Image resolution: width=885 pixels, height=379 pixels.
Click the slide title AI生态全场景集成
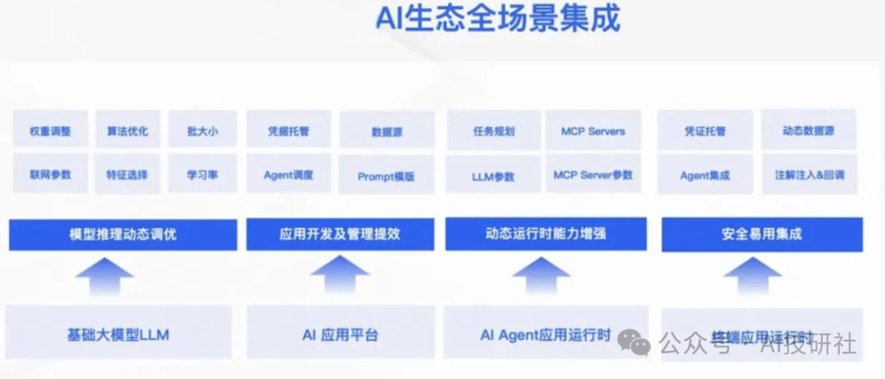(x=497, y=18)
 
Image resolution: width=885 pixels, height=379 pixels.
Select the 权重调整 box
(x=50, y=131)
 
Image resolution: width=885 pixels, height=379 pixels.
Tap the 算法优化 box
(x=127, y=131)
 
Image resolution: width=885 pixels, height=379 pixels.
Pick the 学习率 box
(x=202, y=174)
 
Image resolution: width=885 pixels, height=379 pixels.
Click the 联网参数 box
(x=50, y=174)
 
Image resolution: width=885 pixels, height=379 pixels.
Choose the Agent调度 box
(x=288, y=174)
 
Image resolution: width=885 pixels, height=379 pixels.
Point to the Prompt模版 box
(x=386, y=176)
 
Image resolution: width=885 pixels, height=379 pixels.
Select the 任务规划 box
(x=493, y=131)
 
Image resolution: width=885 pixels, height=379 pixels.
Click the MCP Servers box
(x=592, y=131)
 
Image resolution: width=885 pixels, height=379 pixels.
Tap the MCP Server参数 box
(x=592, y=174)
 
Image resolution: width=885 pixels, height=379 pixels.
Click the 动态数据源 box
(x=807, y=131)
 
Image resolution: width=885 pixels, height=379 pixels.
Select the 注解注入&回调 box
(x=809, y=175)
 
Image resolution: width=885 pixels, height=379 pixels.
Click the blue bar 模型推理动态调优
(x=123, y=235)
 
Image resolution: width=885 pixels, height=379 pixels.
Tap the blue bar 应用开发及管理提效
(x=339, y=235)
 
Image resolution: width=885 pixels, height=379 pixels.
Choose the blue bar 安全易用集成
(x=761, y=235)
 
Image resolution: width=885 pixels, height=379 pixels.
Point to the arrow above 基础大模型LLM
(x=104, y=277)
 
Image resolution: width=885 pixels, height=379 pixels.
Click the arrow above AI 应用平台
(x=339, y=275)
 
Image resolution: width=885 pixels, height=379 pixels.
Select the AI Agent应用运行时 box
(x=545, y=334)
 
